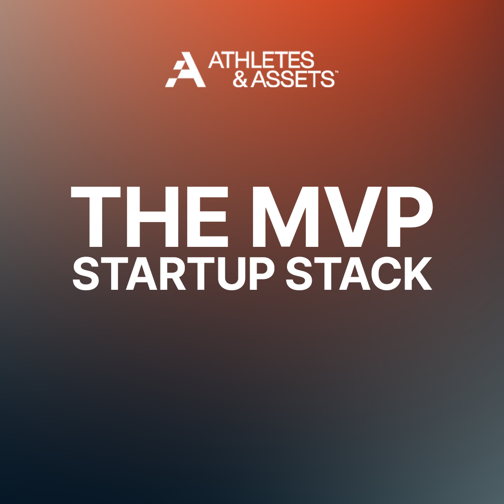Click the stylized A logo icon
[x=185, y=70]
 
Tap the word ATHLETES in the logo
[x=261, y=60]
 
